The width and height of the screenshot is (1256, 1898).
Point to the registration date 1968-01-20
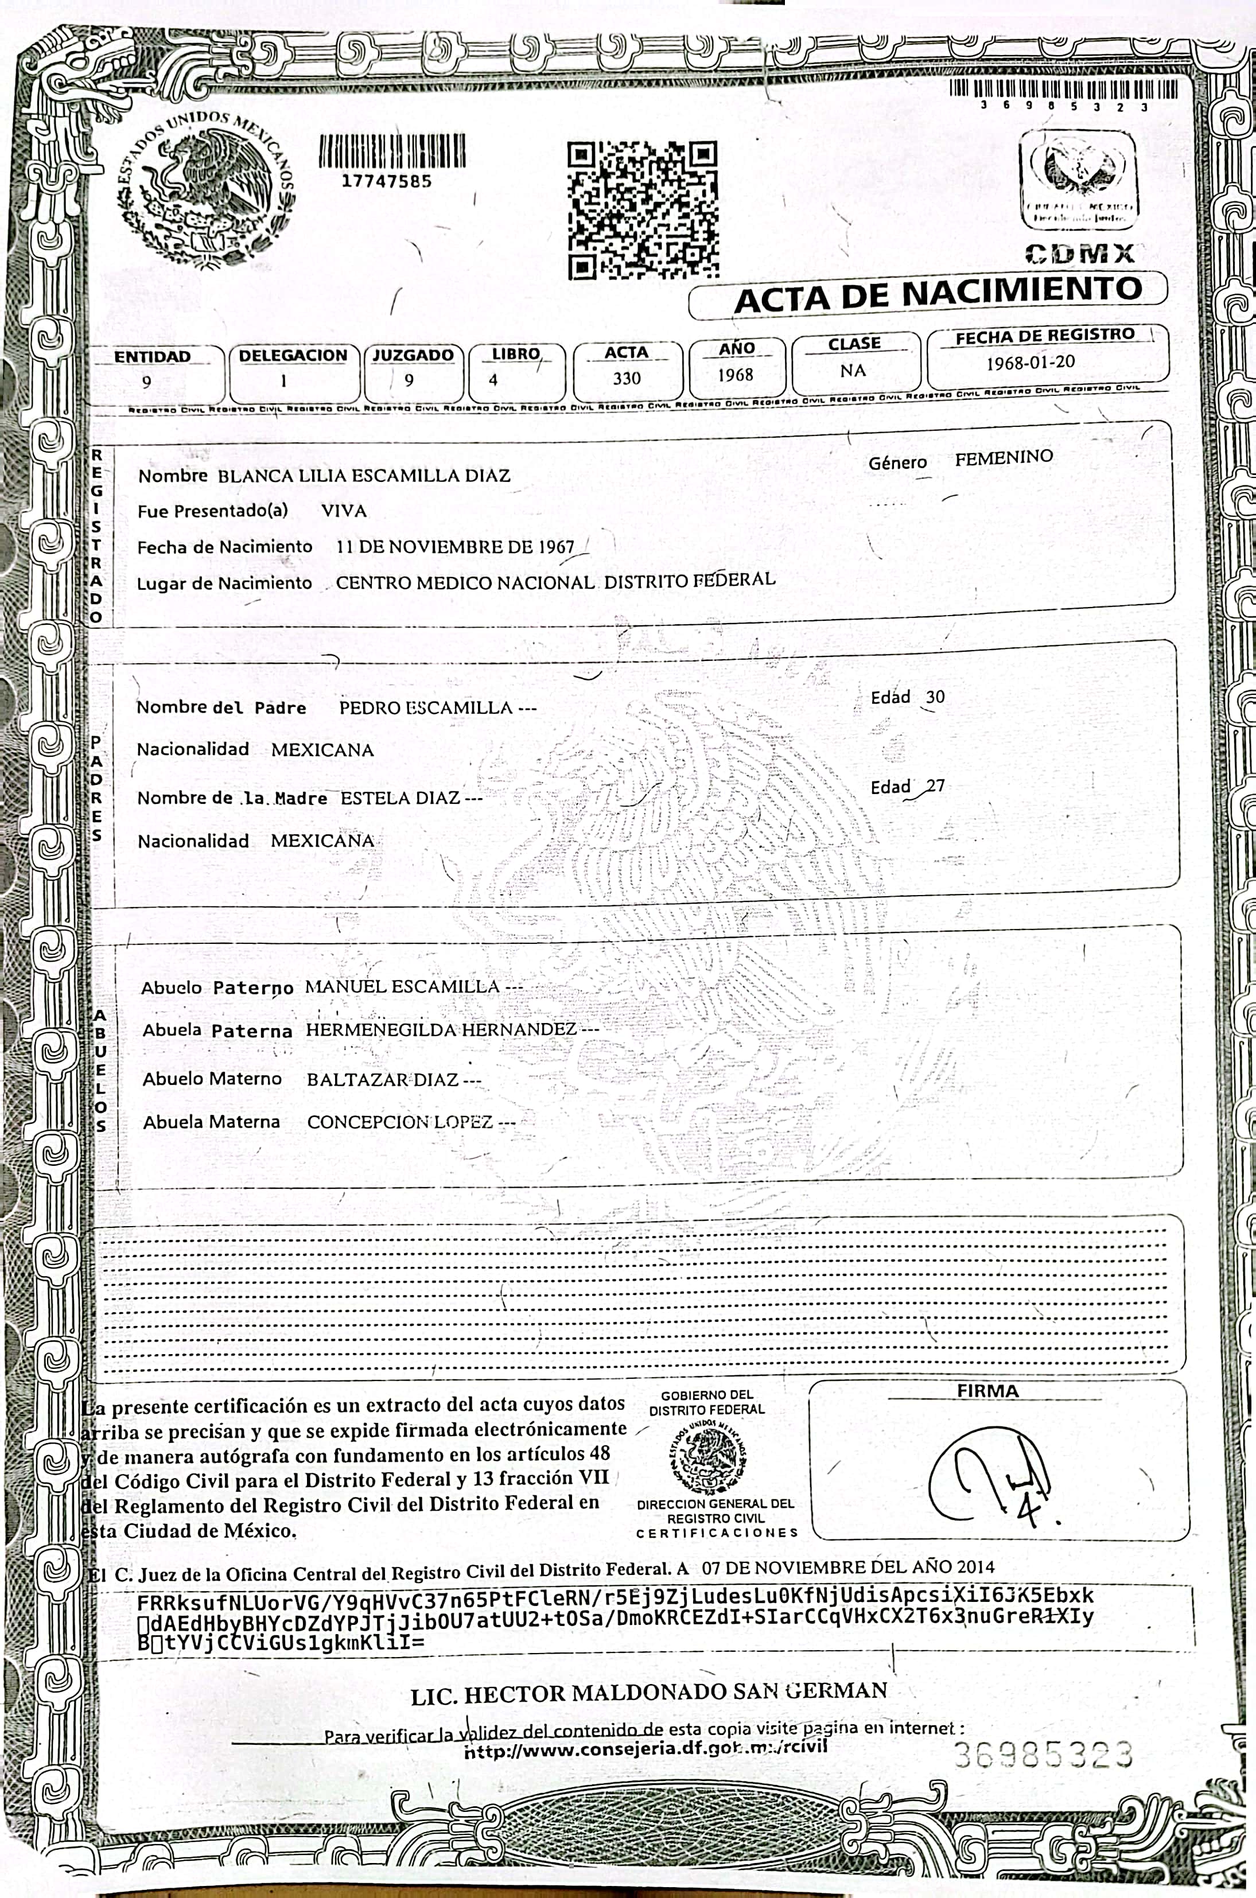click(x=1030, y=362)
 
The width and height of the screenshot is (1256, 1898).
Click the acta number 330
click(x=627, y=378)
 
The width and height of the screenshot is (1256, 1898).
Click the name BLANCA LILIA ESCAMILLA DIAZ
click(x=364, y=476)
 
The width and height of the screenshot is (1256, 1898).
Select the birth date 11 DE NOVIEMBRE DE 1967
click(x=455, y=547)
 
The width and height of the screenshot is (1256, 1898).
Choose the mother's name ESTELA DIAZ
click(x=400, y=798)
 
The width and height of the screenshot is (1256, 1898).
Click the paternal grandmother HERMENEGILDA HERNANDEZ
click(x=441, y=1029)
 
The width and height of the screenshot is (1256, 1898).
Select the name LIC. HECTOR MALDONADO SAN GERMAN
click(x=649, y=1691)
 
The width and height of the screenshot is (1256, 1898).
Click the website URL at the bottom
click(x=646, y=1751)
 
